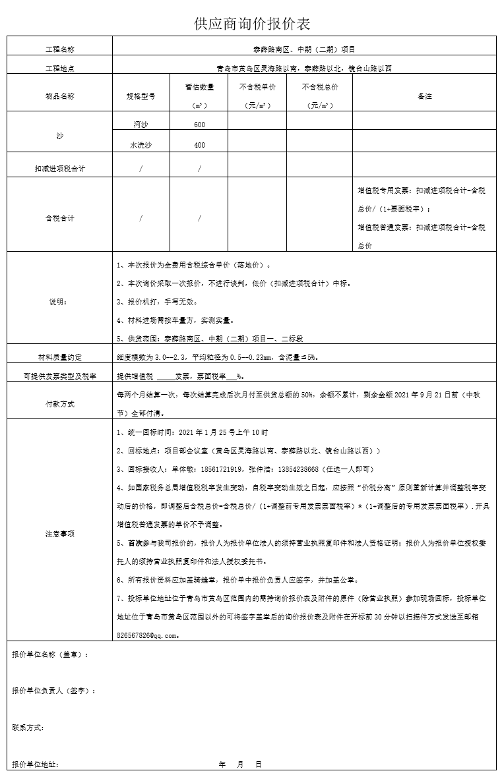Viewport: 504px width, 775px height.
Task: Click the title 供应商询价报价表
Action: coord(252,24)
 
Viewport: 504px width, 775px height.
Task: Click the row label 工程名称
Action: coord(59,49)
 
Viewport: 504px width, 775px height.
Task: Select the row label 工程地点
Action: coord(59,68)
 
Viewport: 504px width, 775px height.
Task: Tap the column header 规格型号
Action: coord(141,96)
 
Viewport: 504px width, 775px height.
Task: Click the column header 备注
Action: coord(424,96)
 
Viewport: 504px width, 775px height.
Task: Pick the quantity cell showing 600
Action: coord(199,125)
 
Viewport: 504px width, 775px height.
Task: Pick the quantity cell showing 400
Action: coord(199,145)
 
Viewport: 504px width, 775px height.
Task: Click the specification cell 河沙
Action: coord(141,125)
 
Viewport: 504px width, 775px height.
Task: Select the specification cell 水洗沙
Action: coord(141,145)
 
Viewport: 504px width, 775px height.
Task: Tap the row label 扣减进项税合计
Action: coord(59,169)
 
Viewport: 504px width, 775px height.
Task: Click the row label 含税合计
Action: coord(59,217)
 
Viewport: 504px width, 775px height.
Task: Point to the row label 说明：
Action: coord(59,302)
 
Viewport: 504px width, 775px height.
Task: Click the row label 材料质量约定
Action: coord(59,357)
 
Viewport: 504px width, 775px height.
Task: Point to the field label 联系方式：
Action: coord(28,728)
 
